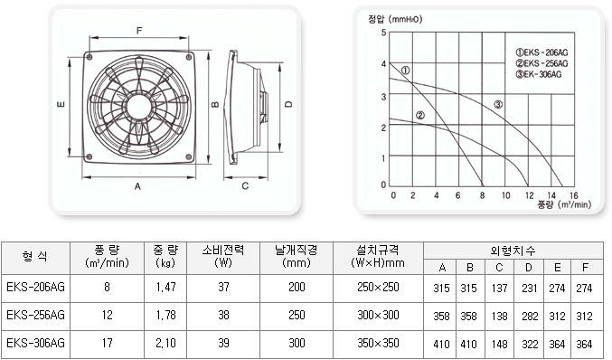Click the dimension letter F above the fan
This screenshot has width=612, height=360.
coord(139,31)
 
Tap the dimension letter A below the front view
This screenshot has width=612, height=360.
coord(137,186)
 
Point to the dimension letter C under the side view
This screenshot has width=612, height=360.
coord(245,185)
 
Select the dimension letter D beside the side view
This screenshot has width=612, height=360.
coord(288,104)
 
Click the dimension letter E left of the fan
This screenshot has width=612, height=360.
coord(61,104)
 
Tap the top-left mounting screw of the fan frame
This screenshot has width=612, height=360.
coord(89,57)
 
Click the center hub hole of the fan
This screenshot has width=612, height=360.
coord(137,106)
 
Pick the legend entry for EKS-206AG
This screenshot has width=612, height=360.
coord(541,52)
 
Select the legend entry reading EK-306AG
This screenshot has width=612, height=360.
coord(539,74)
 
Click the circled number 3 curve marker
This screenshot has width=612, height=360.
coord(498,104)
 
